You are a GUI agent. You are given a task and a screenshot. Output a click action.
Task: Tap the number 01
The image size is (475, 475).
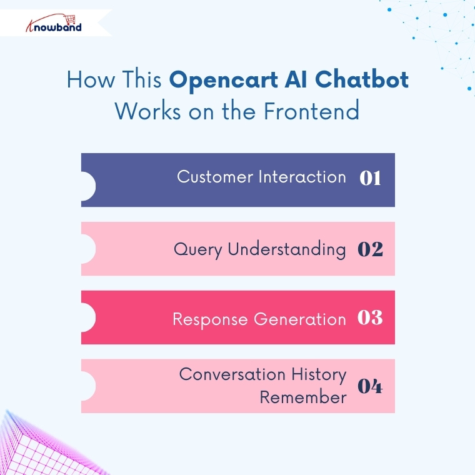click(x=370, y=178)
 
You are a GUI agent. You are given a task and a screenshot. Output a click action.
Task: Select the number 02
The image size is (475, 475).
click(x=370, y=249)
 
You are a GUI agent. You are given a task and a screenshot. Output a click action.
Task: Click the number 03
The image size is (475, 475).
click(x=370, y=317)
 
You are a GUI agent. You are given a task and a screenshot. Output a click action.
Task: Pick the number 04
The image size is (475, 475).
click(x=370, y=386)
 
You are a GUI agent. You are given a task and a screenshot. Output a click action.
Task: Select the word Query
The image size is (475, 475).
click(x=198, y=249)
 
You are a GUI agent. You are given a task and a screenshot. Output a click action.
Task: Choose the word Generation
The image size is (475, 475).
click(x=300, y=319)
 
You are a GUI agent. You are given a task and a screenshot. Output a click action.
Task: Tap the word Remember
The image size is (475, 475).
click(x=303, y=397)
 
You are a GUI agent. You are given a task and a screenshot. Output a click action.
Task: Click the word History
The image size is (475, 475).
click(x=318, y=374)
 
